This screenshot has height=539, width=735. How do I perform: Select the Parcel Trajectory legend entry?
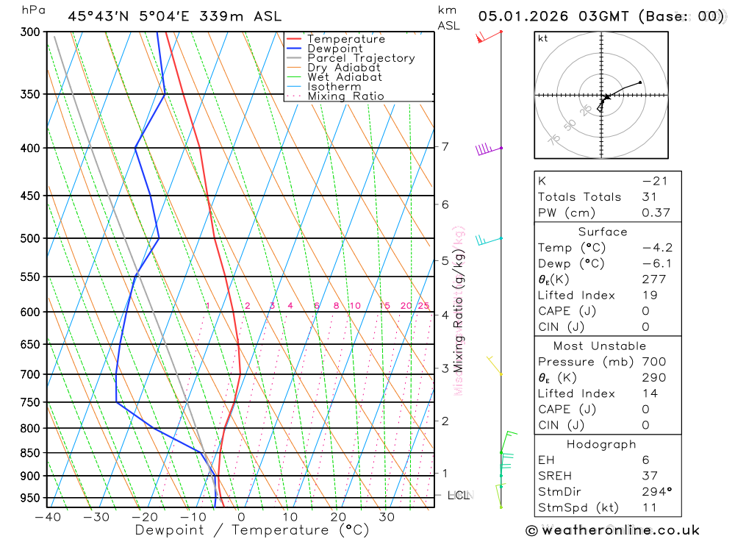[360, 58]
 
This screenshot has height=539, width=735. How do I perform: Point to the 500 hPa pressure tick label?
[30, 238]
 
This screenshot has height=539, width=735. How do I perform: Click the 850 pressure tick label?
[30, 452]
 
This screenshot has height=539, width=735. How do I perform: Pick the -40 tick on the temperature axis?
[47, 517]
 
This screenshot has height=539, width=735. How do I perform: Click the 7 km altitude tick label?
[445, 146]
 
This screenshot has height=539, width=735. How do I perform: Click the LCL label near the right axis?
[459, 496]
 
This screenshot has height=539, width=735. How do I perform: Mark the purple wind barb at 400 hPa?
[484, 149]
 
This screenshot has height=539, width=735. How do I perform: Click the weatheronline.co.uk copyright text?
[612, 530]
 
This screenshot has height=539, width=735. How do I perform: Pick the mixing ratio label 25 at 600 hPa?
[423, 306]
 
